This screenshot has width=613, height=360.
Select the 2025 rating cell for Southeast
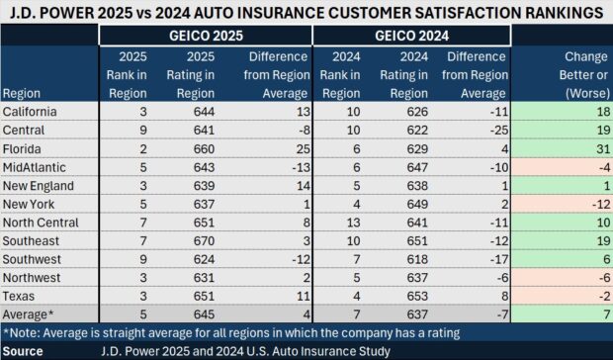200,240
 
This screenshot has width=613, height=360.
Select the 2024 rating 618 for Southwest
408,259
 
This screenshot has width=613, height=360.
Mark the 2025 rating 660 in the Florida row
200,147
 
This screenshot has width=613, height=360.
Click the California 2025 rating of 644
200,111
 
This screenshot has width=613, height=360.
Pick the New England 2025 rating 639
200,185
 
